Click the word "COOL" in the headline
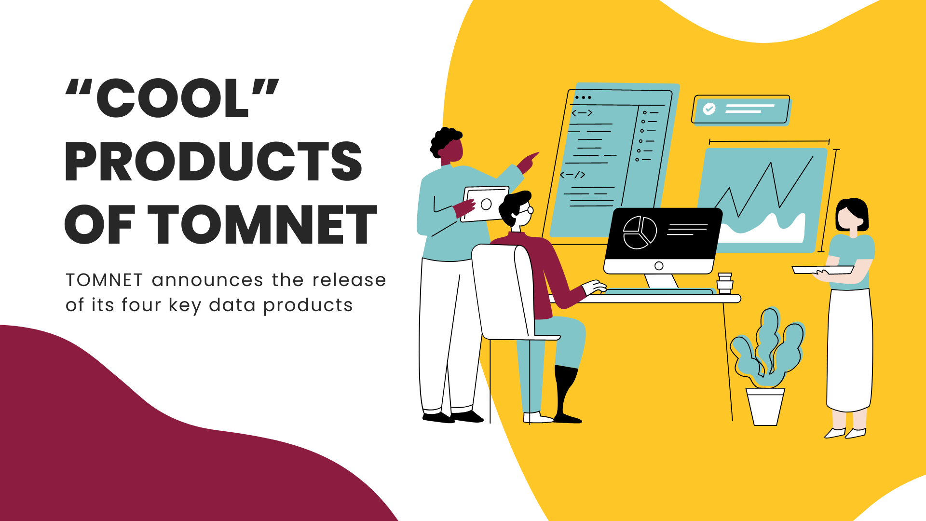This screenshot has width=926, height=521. tap(172, 98)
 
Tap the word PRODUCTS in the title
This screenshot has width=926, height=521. tap(213, 162)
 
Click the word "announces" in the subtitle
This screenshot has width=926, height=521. tap(207, 280)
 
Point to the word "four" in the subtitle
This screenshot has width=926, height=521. tap(140, 305)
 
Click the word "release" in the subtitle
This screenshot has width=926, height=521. tap(349, 280)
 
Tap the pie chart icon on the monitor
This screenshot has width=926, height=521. tap(640, 233)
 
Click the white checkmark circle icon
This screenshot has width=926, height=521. tap(709, 109)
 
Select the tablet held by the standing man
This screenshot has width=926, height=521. tap(485, 204)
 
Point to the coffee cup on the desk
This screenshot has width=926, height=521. tap(724, 284)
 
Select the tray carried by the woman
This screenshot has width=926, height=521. tap(822, 270)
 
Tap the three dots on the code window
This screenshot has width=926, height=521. tap(583, 97)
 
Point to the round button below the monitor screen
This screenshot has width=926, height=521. tap(659, 266)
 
